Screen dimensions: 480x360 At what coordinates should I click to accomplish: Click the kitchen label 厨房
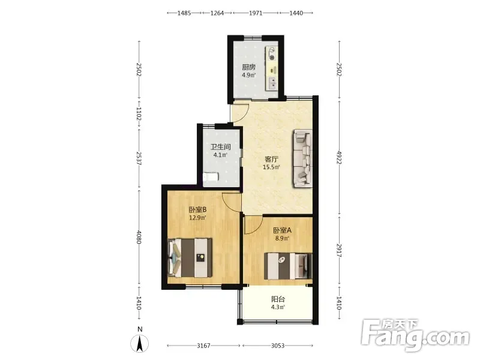[x=248, y=67]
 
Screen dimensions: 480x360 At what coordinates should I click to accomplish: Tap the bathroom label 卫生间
[x=220, y=147]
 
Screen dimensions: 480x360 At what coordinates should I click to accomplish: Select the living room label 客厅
[x=271, y=159]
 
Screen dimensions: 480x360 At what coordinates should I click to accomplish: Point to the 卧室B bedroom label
[x=197, y=209]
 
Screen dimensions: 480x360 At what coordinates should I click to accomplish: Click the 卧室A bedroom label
[x=282, y=230]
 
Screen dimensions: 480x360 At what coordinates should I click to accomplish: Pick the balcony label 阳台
[x=278, y=299]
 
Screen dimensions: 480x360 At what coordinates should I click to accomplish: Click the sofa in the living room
[x=303, y=158]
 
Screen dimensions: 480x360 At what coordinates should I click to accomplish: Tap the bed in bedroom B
[x=190, y=258]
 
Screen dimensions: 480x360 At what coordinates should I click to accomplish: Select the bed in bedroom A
[x=288, y=266]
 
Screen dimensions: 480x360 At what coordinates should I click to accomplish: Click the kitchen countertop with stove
[x=272, y=68]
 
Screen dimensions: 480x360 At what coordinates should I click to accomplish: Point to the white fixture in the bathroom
[x=211, y=177]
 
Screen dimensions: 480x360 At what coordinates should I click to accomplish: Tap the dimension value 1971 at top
[x=256, y=13]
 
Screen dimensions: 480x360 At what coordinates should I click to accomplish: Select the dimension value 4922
[x=339, y=157]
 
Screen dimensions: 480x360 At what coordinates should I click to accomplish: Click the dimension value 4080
[x=139, y=237]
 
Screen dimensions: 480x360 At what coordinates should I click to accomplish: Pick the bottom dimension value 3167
[x=203, y=346]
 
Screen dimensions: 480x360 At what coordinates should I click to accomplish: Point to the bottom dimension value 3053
[x=278, y=346]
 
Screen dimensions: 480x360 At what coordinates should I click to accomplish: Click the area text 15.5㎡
[x=271, y=167]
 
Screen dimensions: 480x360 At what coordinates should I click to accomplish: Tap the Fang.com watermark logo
[x=415, y=335]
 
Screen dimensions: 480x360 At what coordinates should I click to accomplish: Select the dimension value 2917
[x=339, y=250]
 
